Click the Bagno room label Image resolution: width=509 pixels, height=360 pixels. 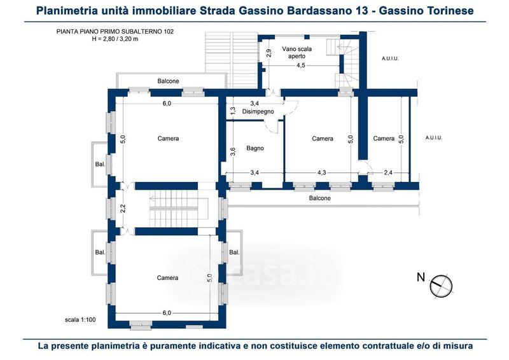(255, 148)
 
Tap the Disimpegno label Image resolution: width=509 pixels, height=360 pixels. (258, 111)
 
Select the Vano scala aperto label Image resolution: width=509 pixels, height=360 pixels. (296, 53)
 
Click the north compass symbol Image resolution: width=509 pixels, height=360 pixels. (441, 286)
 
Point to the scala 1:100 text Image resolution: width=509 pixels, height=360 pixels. (80, 320)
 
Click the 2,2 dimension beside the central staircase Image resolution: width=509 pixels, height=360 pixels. (123, 208)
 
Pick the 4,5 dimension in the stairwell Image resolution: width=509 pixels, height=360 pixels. (300, 66)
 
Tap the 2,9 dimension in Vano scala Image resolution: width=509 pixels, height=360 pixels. (268, 53)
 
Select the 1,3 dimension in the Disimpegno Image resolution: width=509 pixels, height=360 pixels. (233, 111)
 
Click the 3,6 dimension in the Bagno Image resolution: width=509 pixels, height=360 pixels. (233, 151)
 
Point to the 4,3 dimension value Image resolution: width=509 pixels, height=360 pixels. (322, 173)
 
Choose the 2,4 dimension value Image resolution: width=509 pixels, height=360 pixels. (388, 173)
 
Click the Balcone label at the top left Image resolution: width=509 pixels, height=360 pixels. (168, 81)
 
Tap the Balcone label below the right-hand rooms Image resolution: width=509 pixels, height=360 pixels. (320, 198)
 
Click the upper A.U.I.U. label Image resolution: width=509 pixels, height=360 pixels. (390, 59)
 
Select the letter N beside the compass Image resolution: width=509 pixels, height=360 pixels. (421, 277)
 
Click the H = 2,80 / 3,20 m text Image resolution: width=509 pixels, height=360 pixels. (115, 39)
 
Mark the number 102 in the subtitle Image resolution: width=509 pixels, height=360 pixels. (169, 32)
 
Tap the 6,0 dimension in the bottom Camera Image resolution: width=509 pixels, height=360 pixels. (167, 313)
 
